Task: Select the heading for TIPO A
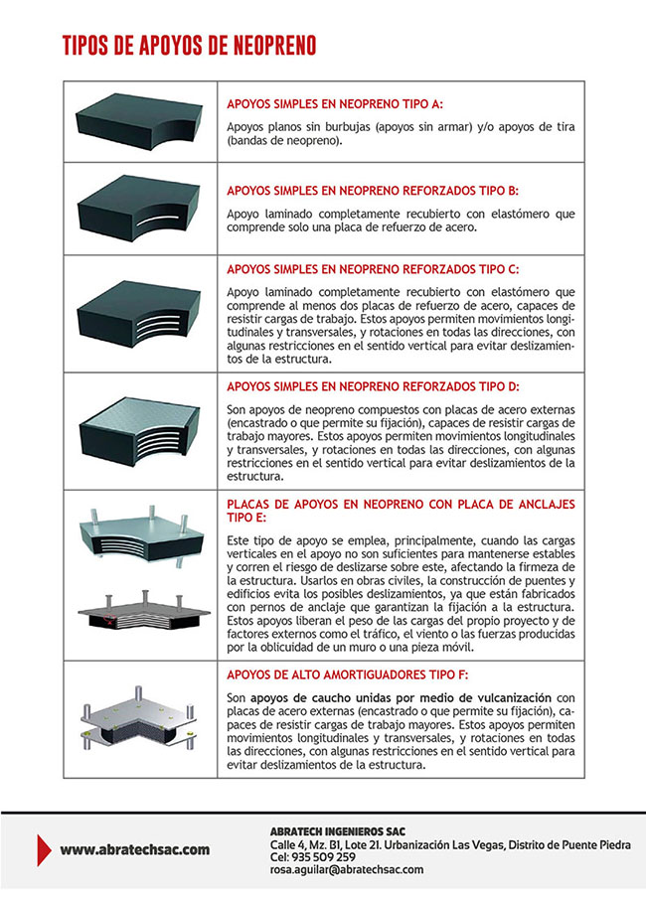335,103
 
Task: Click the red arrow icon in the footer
43,849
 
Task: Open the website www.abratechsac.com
134,849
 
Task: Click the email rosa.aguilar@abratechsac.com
347,869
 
